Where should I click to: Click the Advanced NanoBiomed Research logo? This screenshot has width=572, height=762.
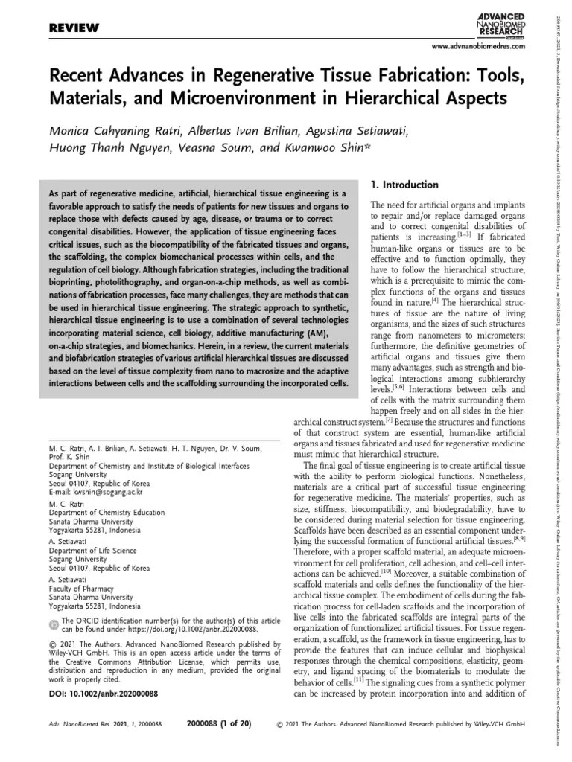pos(500,23)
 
